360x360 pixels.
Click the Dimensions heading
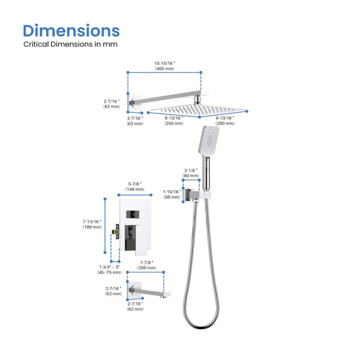click(x=71, y=31)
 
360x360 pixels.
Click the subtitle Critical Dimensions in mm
click(x=71, y=44)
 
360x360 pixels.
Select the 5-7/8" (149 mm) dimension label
click(x=135, y=187)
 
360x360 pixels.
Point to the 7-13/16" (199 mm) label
click(x=92, y=224)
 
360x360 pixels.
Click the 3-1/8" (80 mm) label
click(x=191, y=173)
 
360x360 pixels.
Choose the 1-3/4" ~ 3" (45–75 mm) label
click(x=109, y=269)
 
